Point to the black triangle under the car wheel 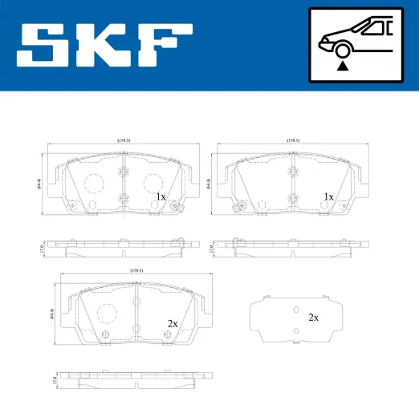(343, 67)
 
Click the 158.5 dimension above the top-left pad (124, 140)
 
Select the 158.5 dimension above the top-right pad (292, 140)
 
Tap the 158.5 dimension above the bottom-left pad (136, 270)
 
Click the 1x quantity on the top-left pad (160, 196)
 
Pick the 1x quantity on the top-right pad (327, 196)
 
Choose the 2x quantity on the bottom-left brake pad (172, 323)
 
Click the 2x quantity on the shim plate (313, 318)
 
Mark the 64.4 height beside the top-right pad (209, 184)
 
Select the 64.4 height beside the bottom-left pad (51, 312)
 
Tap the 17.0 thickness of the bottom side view (52, 379)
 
